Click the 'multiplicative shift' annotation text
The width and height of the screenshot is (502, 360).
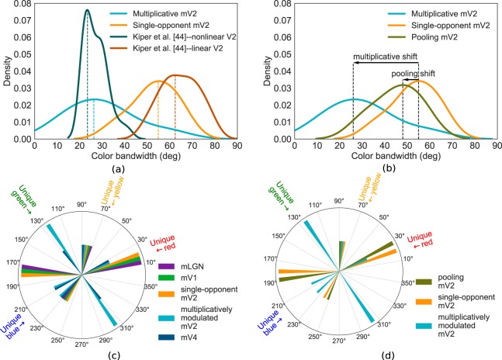coord(386,57)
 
